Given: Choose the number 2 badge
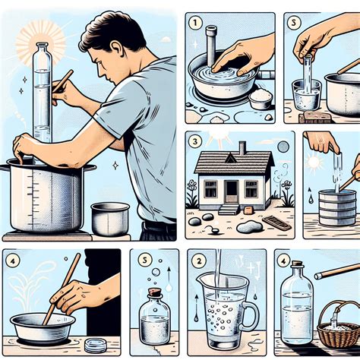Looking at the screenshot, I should coord(199,261).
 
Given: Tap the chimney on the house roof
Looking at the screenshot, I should coord(242,147).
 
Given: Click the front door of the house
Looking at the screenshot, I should coord(230,189).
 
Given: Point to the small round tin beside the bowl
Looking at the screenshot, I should coord(95,345).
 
